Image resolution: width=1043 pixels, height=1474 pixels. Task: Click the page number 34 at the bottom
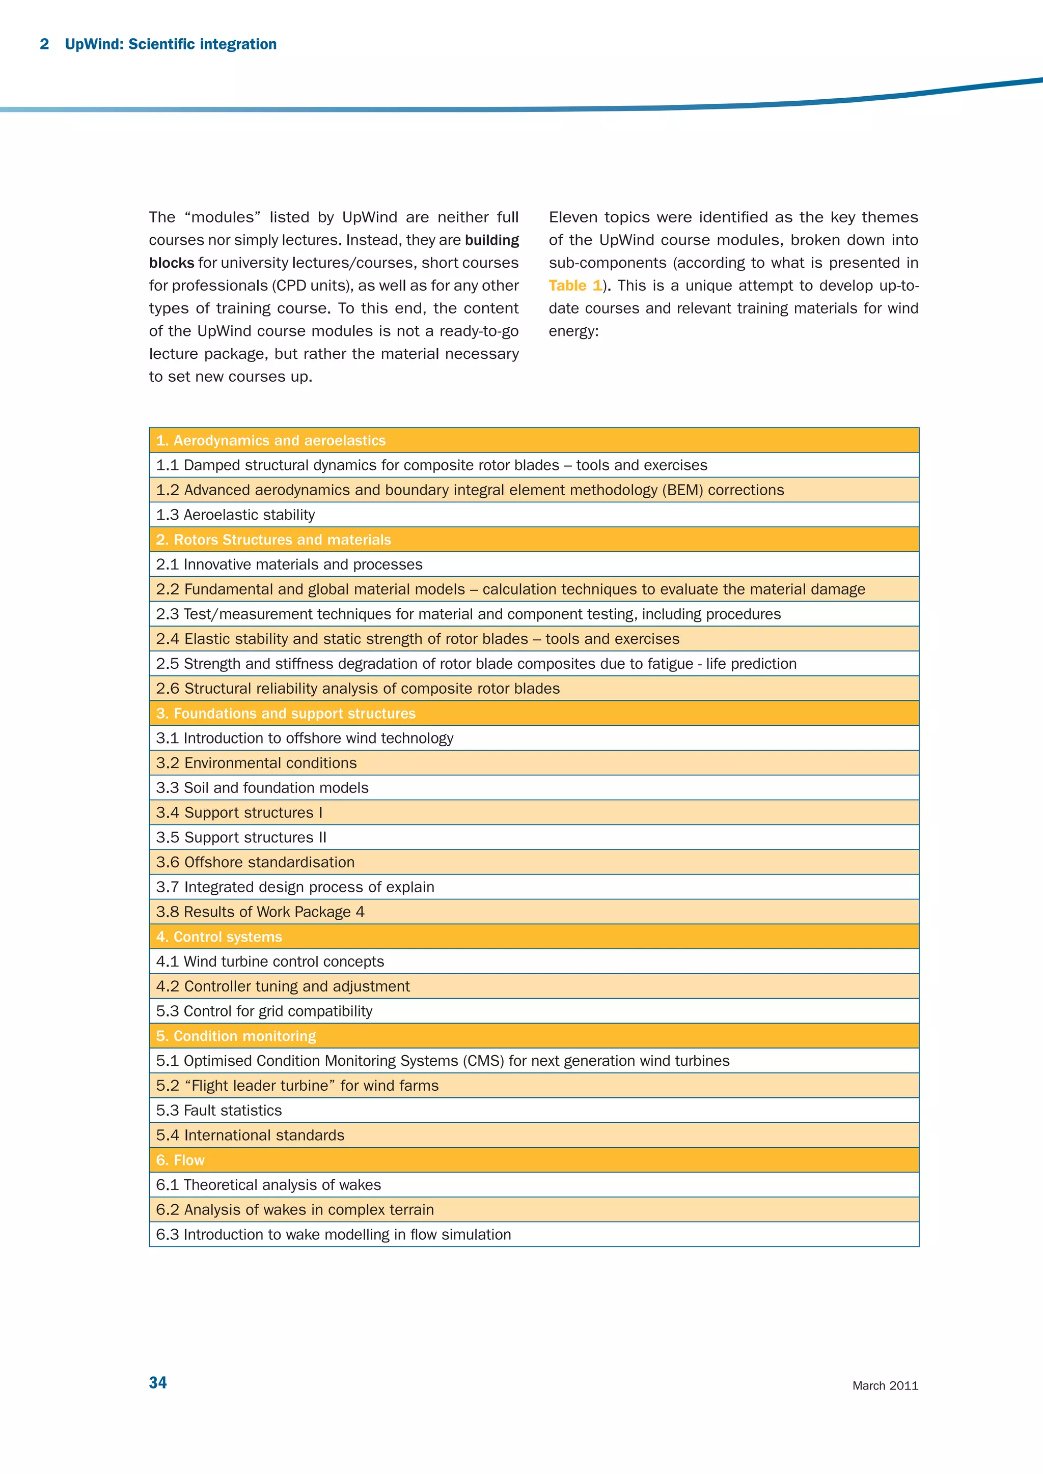click(x=158, y=1382)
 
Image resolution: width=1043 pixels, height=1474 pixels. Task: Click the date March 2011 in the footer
click(x=885, y=1385)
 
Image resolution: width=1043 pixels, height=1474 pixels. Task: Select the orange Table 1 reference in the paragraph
click(x=575, y=285)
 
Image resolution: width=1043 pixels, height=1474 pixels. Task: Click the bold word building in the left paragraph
click(x=492, y=240)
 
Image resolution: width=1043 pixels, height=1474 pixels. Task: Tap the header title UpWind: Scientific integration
click(x=171, y=44)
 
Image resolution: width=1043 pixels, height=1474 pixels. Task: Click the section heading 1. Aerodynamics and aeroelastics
click(x=270, y=440)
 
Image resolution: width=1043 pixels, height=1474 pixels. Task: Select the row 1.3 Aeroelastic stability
click(x=236, y=515)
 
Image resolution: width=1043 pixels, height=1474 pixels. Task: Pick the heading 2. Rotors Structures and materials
click(x=273, y=540)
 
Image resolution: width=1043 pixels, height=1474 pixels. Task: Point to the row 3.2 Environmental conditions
click(x=257, y=762)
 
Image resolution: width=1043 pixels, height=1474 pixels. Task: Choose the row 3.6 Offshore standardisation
click(x=256, y=862)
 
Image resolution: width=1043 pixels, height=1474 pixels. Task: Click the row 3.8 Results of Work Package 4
click(x=260, y=912)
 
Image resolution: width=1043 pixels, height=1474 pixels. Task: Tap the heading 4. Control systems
click(x=219, y=937)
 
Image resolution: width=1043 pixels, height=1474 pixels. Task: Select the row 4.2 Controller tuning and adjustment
click(x=283, y=986)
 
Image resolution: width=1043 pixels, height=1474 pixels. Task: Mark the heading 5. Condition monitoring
click(x=236, y=1036)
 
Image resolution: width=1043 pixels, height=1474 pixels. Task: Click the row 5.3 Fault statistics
click(x=219, y=1111)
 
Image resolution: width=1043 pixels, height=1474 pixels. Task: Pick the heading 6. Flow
click(x=180, y=1160)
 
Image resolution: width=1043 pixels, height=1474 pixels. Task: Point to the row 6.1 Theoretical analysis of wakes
click(x=268, y=1185)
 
